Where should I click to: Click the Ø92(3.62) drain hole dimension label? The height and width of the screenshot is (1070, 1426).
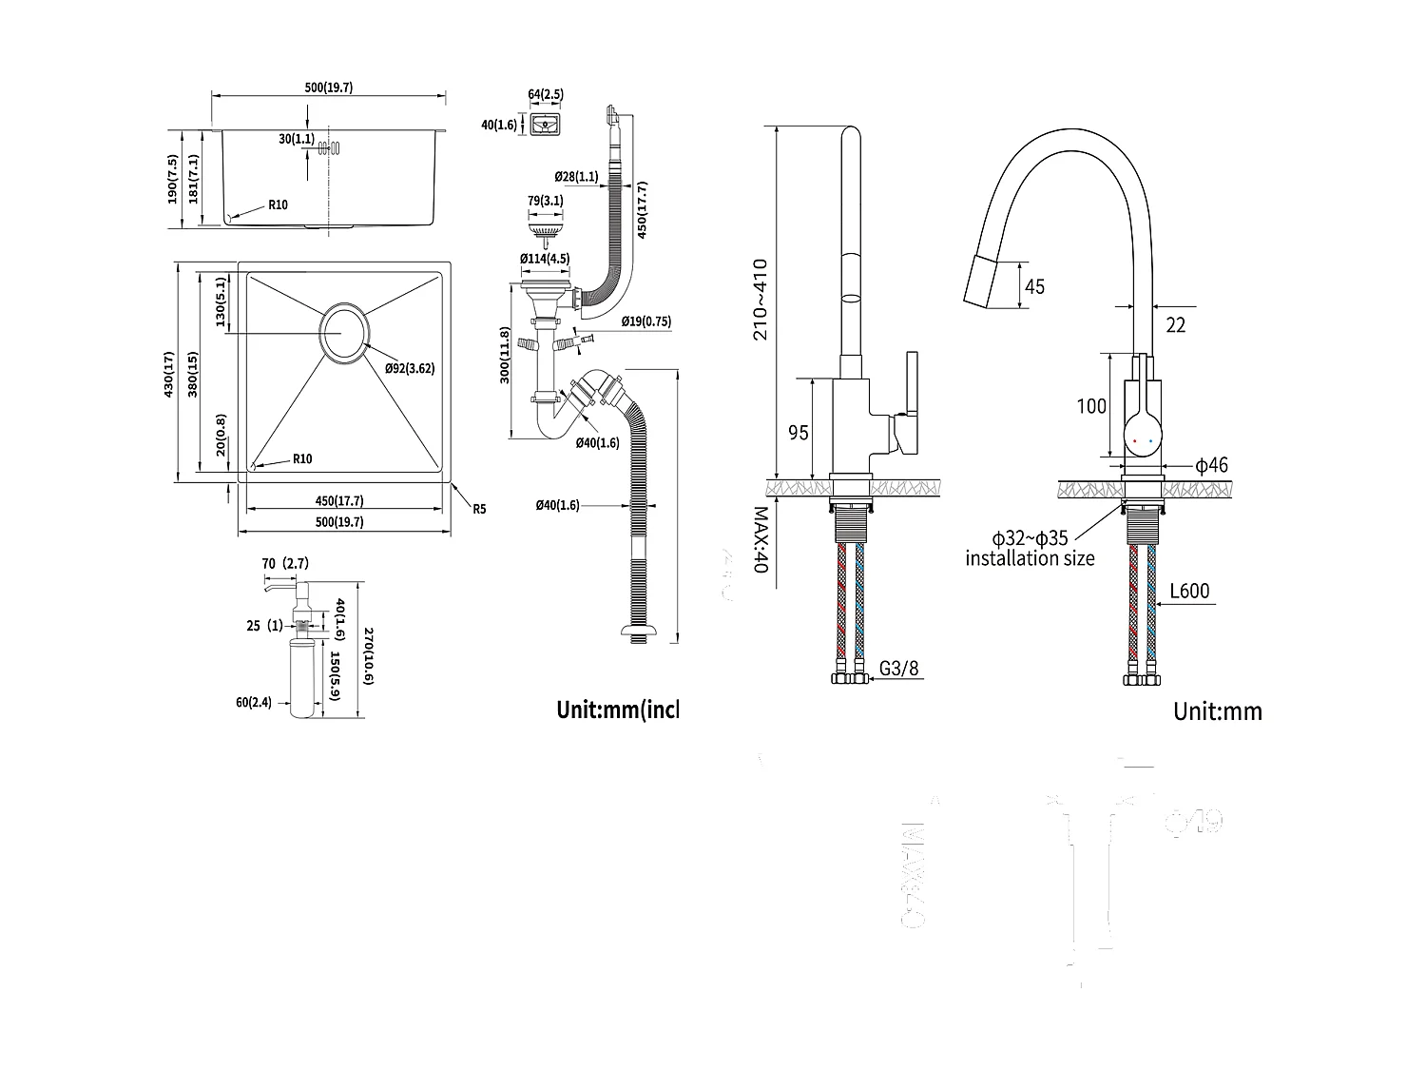[x=410, y=369]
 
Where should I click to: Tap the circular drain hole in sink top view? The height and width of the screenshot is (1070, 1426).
[x=344, y=333]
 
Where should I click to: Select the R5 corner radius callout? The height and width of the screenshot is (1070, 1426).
[x=479, y=509]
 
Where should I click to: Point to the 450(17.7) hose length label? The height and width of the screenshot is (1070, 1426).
[x=643, y=209]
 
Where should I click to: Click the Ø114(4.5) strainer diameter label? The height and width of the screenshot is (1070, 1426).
[x=545, y=259]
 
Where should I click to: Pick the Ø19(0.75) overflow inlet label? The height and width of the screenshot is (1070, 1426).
[x=646, y=321]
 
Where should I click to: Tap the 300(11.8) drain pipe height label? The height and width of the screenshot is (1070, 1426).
[x=506, y=355]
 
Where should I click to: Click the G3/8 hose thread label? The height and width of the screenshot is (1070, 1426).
[x=898, y=669]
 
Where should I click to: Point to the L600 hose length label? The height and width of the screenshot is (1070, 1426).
[x=1189, y=591]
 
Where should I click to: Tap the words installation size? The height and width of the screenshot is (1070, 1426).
[x=1030, y=558]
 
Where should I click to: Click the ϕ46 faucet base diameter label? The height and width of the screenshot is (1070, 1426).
[x=1211, y=465]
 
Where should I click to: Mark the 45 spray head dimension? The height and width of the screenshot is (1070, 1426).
[x=1034, y=286]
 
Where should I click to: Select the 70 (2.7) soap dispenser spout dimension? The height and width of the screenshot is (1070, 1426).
[x=285, y=564]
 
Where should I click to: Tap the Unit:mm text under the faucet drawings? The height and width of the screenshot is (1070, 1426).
[x=1217, y=711]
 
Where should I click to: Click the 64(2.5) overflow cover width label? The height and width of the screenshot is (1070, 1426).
[x=546, y=94]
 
